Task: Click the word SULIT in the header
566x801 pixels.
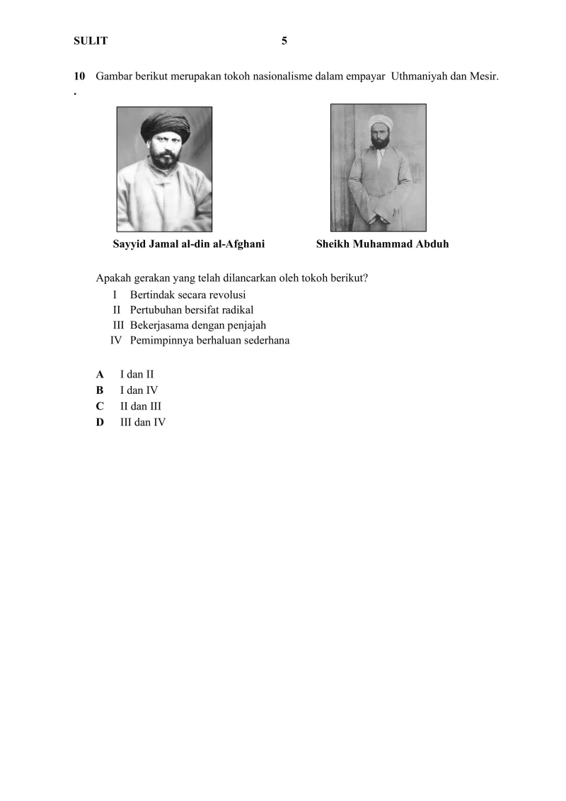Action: (91, 41)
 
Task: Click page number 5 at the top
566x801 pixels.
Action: (284, 41)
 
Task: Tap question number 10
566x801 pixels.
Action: (79, 76)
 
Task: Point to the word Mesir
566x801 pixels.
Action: (483, 76)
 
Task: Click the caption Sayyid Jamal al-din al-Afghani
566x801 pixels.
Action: (189, 244)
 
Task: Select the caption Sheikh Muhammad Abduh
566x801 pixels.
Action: (382, 244)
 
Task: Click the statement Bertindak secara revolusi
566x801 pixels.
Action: (187, 295)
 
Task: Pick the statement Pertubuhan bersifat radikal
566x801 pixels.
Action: (192, 310)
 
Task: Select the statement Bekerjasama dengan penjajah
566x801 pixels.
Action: (195, 325)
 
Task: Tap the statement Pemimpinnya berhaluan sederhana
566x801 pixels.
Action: (209, 341)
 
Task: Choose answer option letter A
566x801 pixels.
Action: (100, 374)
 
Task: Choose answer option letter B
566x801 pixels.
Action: (100, 390)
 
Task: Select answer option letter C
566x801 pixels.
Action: (100, 407)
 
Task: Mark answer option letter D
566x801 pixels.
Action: (100, 423)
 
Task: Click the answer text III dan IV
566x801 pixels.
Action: (143, 423)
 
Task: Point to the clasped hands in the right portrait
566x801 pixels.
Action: (379, 212)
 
